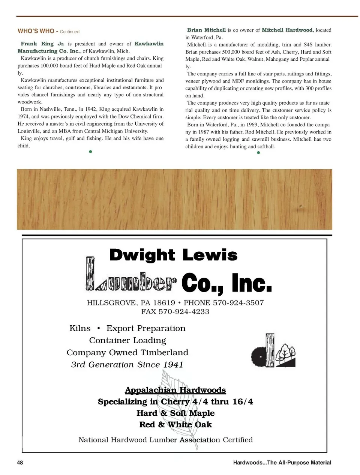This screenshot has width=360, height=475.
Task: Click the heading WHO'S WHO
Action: pyautogui.click(x=36, y=31)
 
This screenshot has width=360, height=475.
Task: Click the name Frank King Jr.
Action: pyautogui.click(x=42, y=44)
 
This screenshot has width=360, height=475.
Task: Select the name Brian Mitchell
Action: pyautogui.click(x=206, y=30)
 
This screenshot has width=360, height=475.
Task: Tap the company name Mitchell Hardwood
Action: pyautogui.click(x=287, y=30)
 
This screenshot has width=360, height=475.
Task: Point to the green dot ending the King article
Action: pyautogui.click(x=90, y=152)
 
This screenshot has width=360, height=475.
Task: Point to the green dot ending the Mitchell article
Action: pyautogui.click(x=258, y=153)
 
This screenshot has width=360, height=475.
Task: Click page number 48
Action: pyautogui.click(x=20, y=463)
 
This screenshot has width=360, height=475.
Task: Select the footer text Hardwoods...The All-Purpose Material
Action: pyautogui.click(x=282, y=463)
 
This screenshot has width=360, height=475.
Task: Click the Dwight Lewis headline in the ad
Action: pyautogui.click(x=173, y=255)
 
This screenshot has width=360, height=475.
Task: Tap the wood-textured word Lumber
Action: pyautogui.click(x=130, y=280)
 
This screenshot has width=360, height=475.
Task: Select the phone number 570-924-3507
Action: pyautogui.click(x=238, y=303)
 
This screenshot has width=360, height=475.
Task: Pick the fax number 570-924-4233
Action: pyautogui.click(x=184, y=311)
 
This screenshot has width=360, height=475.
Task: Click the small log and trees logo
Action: pyautogui.click(x=273, y=351)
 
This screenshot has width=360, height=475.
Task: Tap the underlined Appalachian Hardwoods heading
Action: pyautogui.click(x=175, y=390)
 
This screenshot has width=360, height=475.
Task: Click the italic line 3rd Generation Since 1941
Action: pyautogui.click(x=127, y=365)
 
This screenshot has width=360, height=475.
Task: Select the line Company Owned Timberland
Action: pyautogui.click(x=127, y=353)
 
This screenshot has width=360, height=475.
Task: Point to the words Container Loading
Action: pyautogui.click(x=127, y=340)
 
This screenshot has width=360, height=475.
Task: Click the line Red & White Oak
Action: pyautogui.click(x=175, y=425)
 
